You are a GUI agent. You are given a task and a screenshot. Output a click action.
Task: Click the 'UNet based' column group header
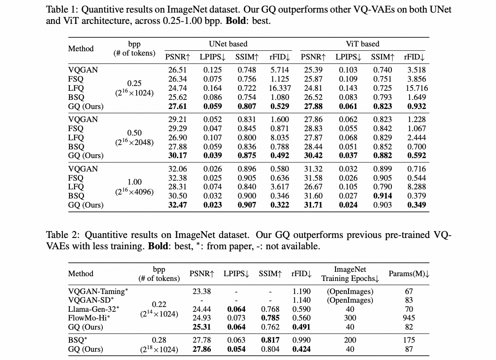(228, 44)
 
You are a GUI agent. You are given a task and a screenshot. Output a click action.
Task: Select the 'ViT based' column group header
(362, 44)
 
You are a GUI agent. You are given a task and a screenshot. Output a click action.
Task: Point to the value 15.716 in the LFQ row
(415, 88)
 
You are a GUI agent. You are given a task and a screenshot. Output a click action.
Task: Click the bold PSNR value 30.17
(177, 155)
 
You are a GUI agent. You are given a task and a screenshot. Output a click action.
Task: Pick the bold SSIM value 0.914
(383, 196)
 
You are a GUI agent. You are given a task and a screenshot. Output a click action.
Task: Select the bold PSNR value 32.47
(177, 205)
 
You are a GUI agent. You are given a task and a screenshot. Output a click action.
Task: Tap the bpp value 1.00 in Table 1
(135, 182)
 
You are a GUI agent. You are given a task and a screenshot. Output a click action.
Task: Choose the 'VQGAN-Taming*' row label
(98, 291)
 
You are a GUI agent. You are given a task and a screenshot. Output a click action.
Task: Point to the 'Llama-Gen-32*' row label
(94, 309)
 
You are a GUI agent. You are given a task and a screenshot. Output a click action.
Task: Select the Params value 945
(409, 318)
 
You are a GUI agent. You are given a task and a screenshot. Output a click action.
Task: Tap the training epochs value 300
(350, 318)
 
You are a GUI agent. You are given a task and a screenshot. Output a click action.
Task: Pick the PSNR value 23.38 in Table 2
(202, 291)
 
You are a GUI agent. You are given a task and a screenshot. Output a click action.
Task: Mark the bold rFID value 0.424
(302, 349)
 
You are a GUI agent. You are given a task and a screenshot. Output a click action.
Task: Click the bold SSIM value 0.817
(270, 340)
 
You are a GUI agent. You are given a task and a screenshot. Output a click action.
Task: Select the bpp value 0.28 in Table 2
(159, 340)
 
